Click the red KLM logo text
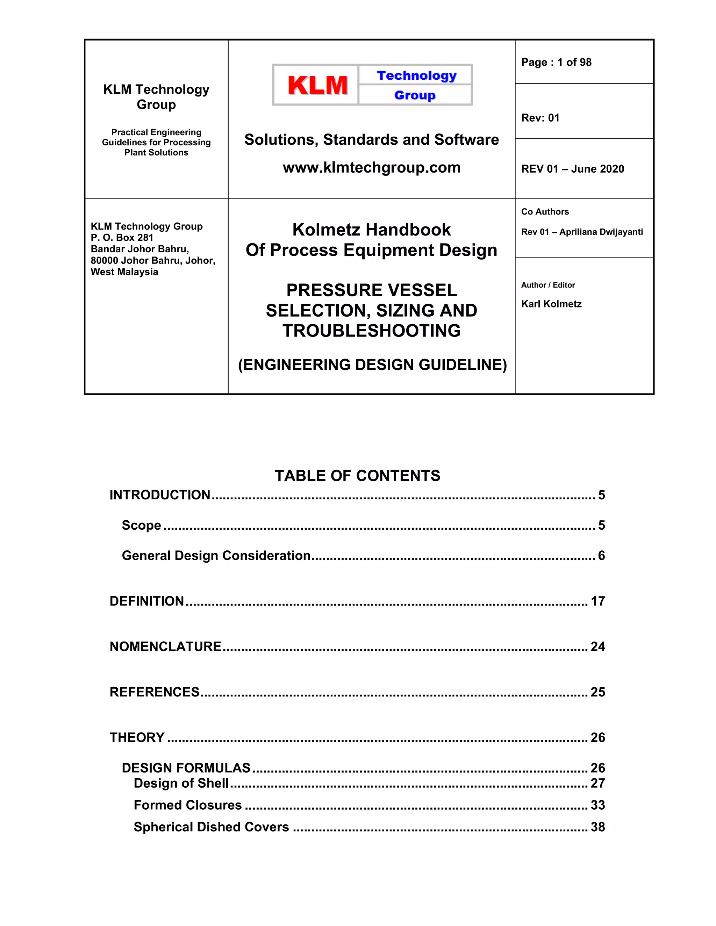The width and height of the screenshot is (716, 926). (x=317, y=85)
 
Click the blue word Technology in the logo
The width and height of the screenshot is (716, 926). (x=416, y=75)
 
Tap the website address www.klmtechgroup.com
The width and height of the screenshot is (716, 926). (x=372, y=167)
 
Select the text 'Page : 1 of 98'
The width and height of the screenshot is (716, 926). (x=556, y=62)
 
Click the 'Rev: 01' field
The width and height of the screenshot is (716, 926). (x=540, y=118)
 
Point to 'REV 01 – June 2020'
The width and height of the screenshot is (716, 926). (x=573, y=169)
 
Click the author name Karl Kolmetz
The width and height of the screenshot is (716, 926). (x=551, y=304)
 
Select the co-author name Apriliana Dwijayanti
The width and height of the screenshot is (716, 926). (x=601, y=232)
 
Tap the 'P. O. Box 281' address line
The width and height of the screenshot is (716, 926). (x=122, y=237)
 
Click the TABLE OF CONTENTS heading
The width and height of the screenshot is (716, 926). (x=358, y=476)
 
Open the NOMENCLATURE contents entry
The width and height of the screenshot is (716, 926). (x=165, y=646)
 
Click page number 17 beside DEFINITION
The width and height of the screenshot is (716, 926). (x=597, y=601)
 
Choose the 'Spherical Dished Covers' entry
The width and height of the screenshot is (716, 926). (x=211, y=827)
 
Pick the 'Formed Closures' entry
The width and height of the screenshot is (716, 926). (x=187, y=805)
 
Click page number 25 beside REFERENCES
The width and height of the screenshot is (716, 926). (x=597, y=692)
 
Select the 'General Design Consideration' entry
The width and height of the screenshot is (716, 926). (x=216, y=556)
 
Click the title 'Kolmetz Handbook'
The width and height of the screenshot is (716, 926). (x=372, y=230)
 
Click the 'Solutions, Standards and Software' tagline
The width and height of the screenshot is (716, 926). (x=372, y=139)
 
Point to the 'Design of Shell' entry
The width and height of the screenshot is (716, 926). (x=181, y=783)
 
